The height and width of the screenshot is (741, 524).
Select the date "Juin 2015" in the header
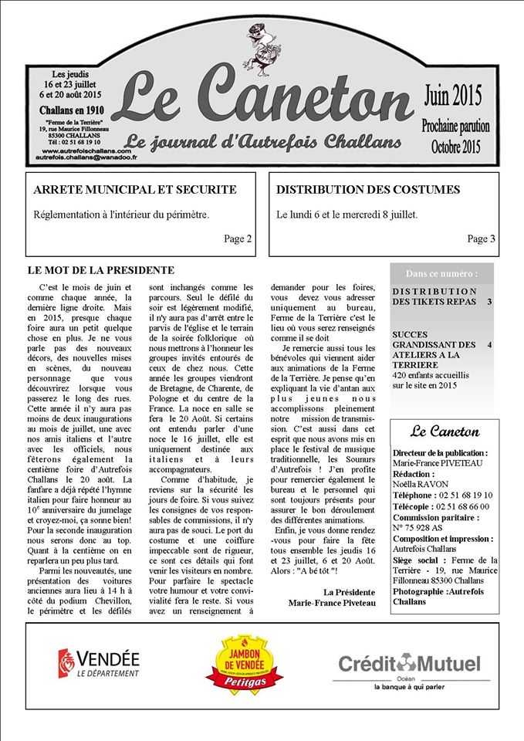point(452,96)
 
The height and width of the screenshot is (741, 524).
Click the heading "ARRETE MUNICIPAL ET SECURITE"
point(135,190)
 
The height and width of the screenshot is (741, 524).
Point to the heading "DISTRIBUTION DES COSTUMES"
point(368,190)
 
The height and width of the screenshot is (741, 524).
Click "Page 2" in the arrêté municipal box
point(238,239)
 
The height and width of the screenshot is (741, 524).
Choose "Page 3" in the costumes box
point(481,239)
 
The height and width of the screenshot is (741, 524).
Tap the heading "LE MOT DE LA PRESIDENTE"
point(100,270)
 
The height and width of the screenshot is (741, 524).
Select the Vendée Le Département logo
point(99,663)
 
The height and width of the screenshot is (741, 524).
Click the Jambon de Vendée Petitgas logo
point(244,663)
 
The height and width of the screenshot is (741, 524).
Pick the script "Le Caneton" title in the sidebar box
point(445,431)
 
